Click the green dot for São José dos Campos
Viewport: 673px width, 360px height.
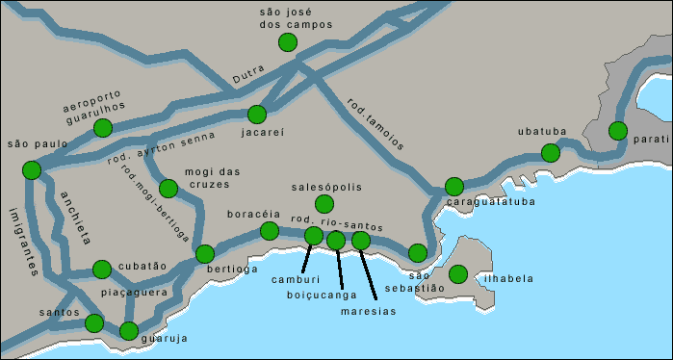[287, 41]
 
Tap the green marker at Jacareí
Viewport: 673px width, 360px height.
[256, 114]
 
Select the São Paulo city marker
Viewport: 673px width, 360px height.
[31, 170]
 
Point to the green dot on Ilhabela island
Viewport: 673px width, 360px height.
[458, 274]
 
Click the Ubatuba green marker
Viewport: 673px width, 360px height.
[550, 153]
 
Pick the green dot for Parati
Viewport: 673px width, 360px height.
[618, 131]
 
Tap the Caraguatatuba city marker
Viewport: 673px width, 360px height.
[453, 187]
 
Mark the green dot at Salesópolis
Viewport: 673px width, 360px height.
[324, 203]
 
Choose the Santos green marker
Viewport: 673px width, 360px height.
[93, 323]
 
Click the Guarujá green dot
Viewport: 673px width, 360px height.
[129, 332]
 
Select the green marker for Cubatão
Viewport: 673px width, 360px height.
[101, 269]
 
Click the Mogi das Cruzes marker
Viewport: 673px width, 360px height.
[168, 189]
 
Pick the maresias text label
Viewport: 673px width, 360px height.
[368, 311]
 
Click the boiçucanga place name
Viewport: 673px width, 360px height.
[321, 296]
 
